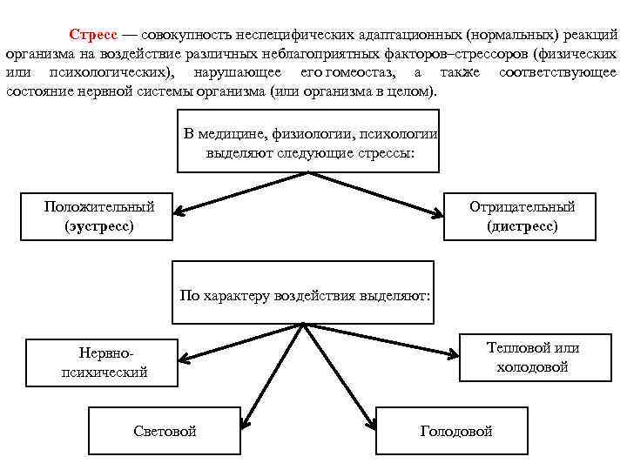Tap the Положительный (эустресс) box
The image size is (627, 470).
point(98,217)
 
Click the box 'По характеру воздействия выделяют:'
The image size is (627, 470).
point(304,295)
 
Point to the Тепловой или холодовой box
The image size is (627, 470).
point(532,358)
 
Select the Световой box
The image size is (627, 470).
point(165,431)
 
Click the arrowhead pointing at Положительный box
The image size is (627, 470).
point(178,210)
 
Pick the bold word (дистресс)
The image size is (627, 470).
point(522,226)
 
